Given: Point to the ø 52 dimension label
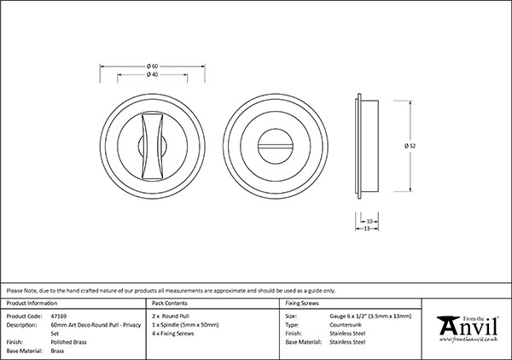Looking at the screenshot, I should pos(410,144).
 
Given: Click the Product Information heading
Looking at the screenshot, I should pos(32,303).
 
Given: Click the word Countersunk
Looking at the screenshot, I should pos(346,324).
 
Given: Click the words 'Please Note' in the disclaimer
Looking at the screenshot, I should pos(23,290).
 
